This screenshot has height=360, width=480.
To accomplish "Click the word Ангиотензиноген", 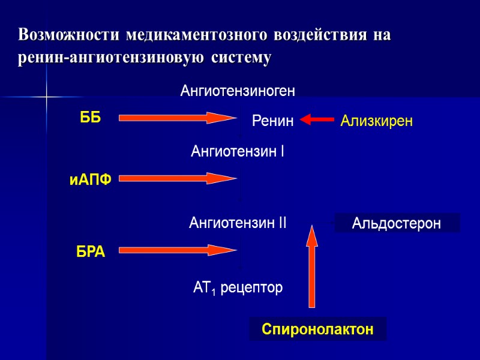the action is (x=238, y=92).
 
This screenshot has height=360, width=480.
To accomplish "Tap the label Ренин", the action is (x=273, y=122).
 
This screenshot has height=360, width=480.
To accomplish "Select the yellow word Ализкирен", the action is (x=376, y=122).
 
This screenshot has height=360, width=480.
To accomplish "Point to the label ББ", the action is (x=91, y=118).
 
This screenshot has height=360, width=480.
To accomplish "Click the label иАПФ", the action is (x=91, y=179).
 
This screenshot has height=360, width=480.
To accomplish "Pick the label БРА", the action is (x=91, y=253).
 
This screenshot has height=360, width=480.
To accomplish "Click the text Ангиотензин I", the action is (x=237, y=152).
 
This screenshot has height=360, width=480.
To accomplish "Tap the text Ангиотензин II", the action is (x=238, y=224).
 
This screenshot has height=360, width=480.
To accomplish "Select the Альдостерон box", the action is (x=397, y=223).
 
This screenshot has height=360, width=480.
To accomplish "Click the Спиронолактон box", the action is (x=317, y=329).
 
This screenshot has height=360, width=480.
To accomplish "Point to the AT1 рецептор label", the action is (x=238, y=289).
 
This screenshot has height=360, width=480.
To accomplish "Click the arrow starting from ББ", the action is (x=178, y=118).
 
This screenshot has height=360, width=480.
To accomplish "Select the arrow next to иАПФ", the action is (x=178, y=178).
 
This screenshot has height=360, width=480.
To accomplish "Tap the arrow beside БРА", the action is (x=178, y=250).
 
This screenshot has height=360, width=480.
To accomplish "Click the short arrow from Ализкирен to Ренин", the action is (x=317, y=120).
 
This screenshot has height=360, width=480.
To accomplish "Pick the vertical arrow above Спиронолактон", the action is (x=311, y=266).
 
